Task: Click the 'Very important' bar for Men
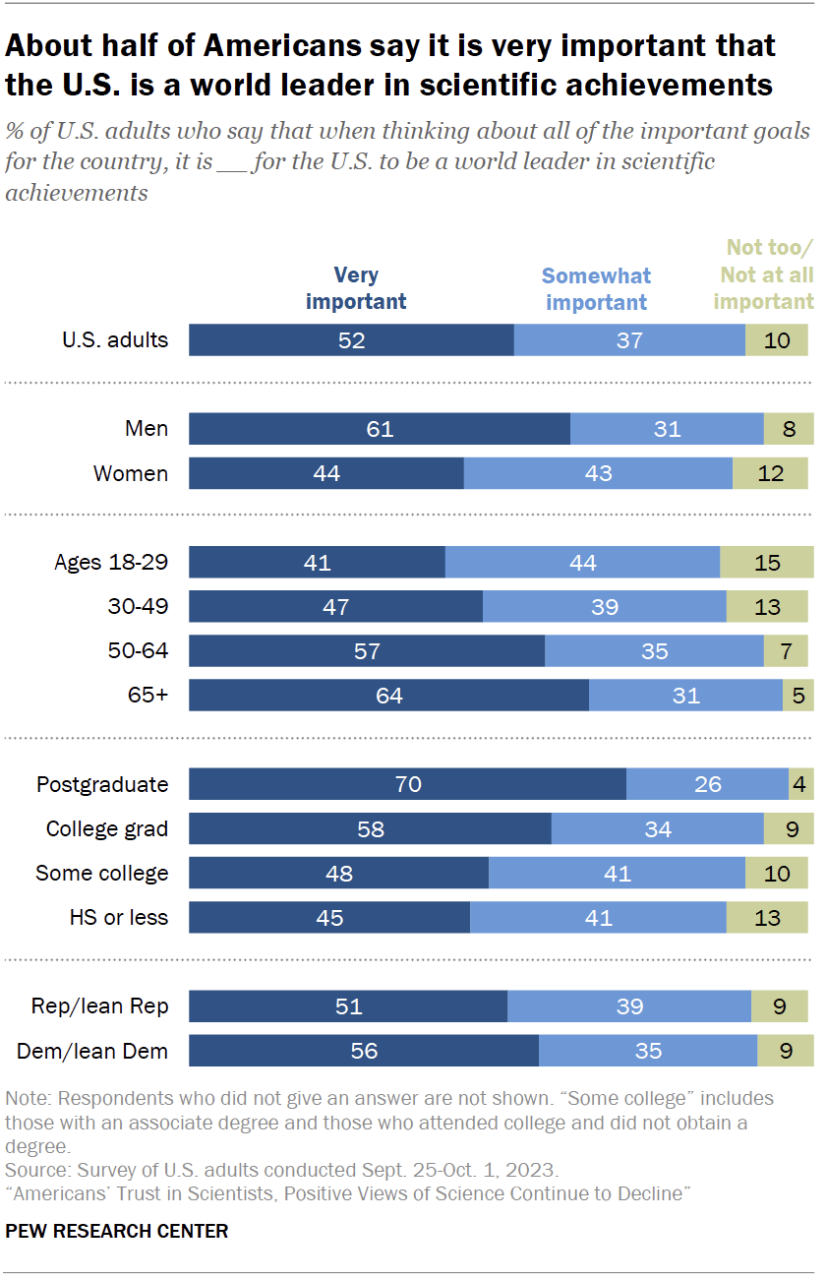(379, 429)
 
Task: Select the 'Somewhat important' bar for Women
(598, 473)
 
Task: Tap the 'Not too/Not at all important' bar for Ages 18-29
(767, 563)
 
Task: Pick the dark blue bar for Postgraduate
(407, 784)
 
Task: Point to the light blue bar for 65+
(685, 696)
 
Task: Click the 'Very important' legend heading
(356, 288)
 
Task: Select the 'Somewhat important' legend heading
(597, 289)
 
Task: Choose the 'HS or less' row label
(119, 918)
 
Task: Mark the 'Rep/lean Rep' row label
(100, 1006)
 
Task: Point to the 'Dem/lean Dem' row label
(92, 1051)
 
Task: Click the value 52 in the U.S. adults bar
(351, 340)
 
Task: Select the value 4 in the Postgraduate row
(800, 784)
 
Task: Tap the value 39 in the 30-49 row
(605, 607)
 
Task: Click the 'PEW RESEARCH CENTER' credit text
(116, 1231)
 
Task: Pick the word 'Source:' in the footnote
(34, 1171)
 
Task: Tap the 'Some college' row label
(102, 874)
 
